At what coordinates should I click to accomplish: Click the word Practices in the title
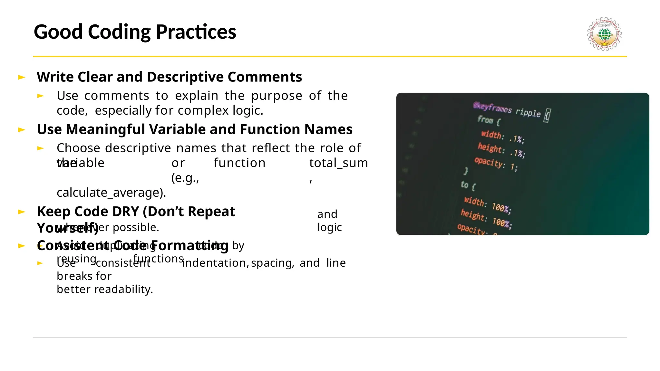point(196,32)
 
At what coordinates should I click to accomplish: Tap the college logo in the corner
point(604,34)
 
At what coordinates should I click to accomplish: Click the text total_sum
point(338,163)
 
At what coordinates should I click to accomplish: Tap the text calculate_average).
point(111,193)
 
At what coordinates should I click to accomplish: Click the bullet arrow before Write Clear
point(22,77)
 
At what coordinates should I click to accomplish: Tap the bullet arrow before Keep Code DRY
point(22,212)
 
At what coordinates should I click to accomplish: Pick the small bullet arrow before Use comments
point(40,96)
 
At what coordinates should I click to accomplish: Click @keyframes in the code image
point(492,108)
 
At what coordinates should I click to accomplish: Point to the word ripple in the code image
point(528,112)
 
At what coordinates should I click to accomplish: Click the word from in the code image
point(485,120)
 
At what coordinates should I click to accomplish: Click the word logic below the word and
point(329,227)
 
